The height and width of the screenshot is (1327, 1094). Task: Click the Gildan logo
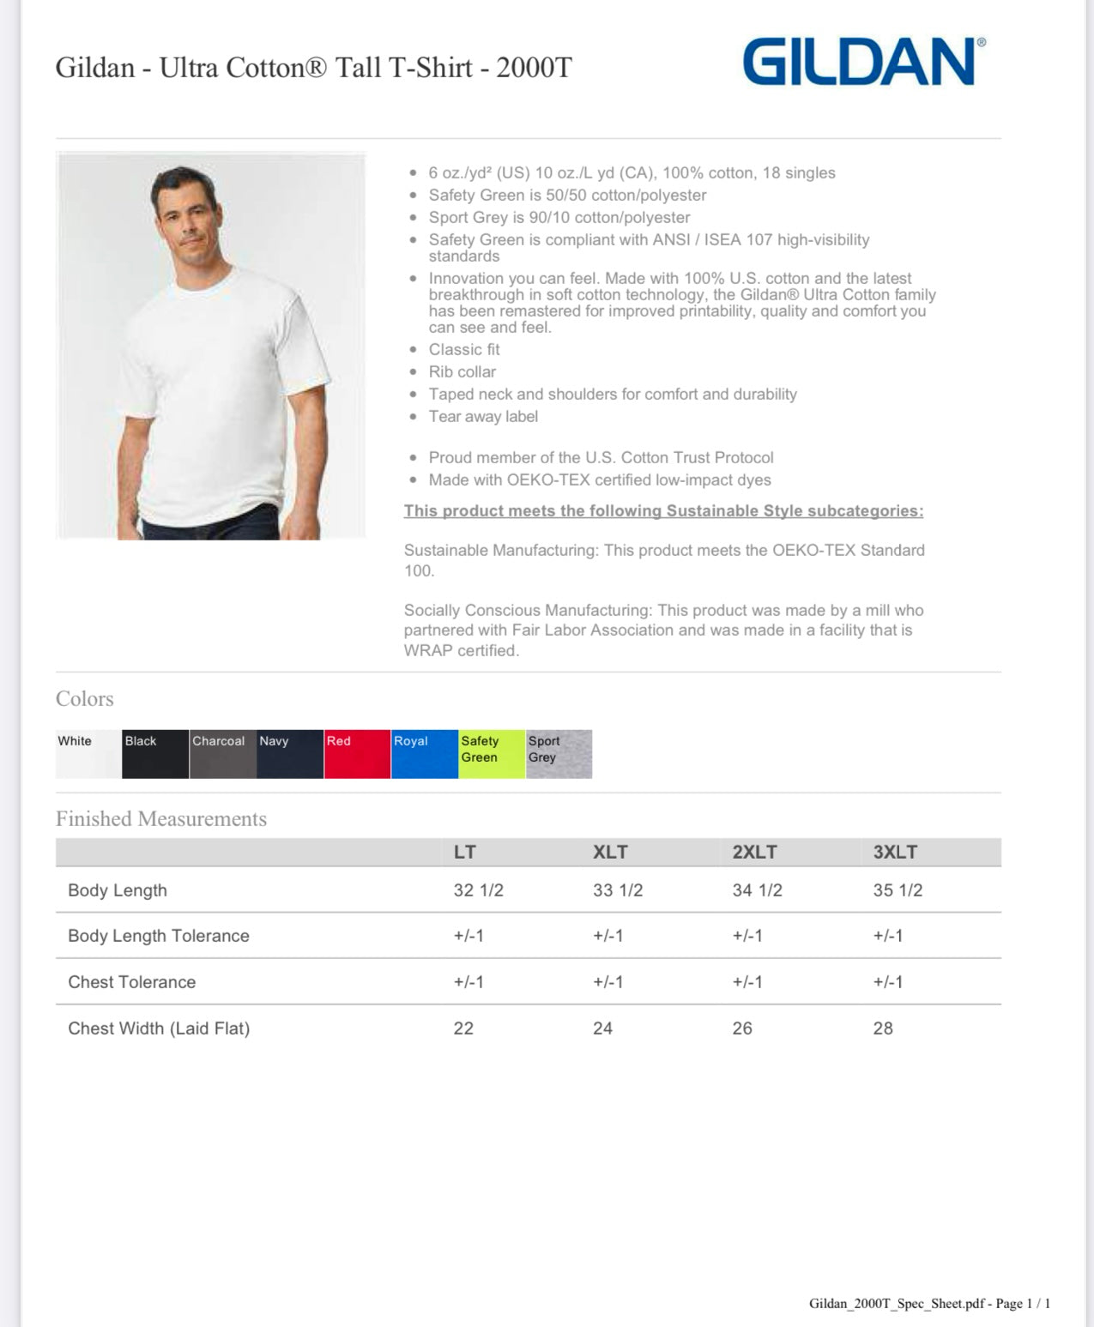(x=863, y=62)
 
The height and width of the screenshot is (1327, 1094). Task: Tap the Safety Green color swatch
(x=492, y=754)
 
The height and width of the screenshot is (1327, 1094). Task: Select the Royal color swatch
(x=425, y=754)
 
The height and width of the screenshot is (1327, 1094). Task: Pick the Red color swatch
(x=357, y=754)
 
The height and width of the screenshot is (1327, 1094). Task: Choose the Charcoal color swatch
(x=222, y=754)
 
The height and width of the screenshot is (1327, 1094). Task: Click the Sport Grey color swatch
(x=559, y=754)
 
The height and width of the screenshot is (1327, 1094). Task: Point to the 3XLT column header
(x=895, y=852)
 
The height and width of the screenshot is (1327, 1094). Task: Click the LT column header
(x=464, y=852)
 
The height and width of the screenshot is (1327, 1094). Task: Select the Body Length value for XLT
(x=618, y=890)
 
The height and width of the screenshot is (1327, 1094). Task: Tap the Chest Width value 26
(x=742, y=1028)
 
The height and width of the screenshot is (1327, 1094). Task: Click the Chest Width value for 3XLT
(x=883, y=1028)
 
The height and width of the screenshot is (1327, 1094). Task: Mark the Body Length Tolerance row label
(x=159, y=936)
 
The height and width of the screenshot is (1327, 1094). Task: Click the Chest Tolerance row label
(x=132, y=982)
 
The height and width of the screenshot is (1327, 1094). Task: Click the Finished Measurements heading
(x=161, y=819)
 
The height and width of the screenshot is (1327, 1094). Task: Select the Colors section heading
(x=85, y=699)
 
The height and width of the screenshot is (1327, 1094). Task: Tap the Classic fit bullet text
(x=464, y=350)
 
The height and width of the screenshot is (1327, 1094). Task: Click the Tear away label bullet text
(x=483, y=417)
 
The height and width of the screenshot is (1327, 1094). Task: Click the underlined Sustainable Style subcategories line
(x=663, y=511)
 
